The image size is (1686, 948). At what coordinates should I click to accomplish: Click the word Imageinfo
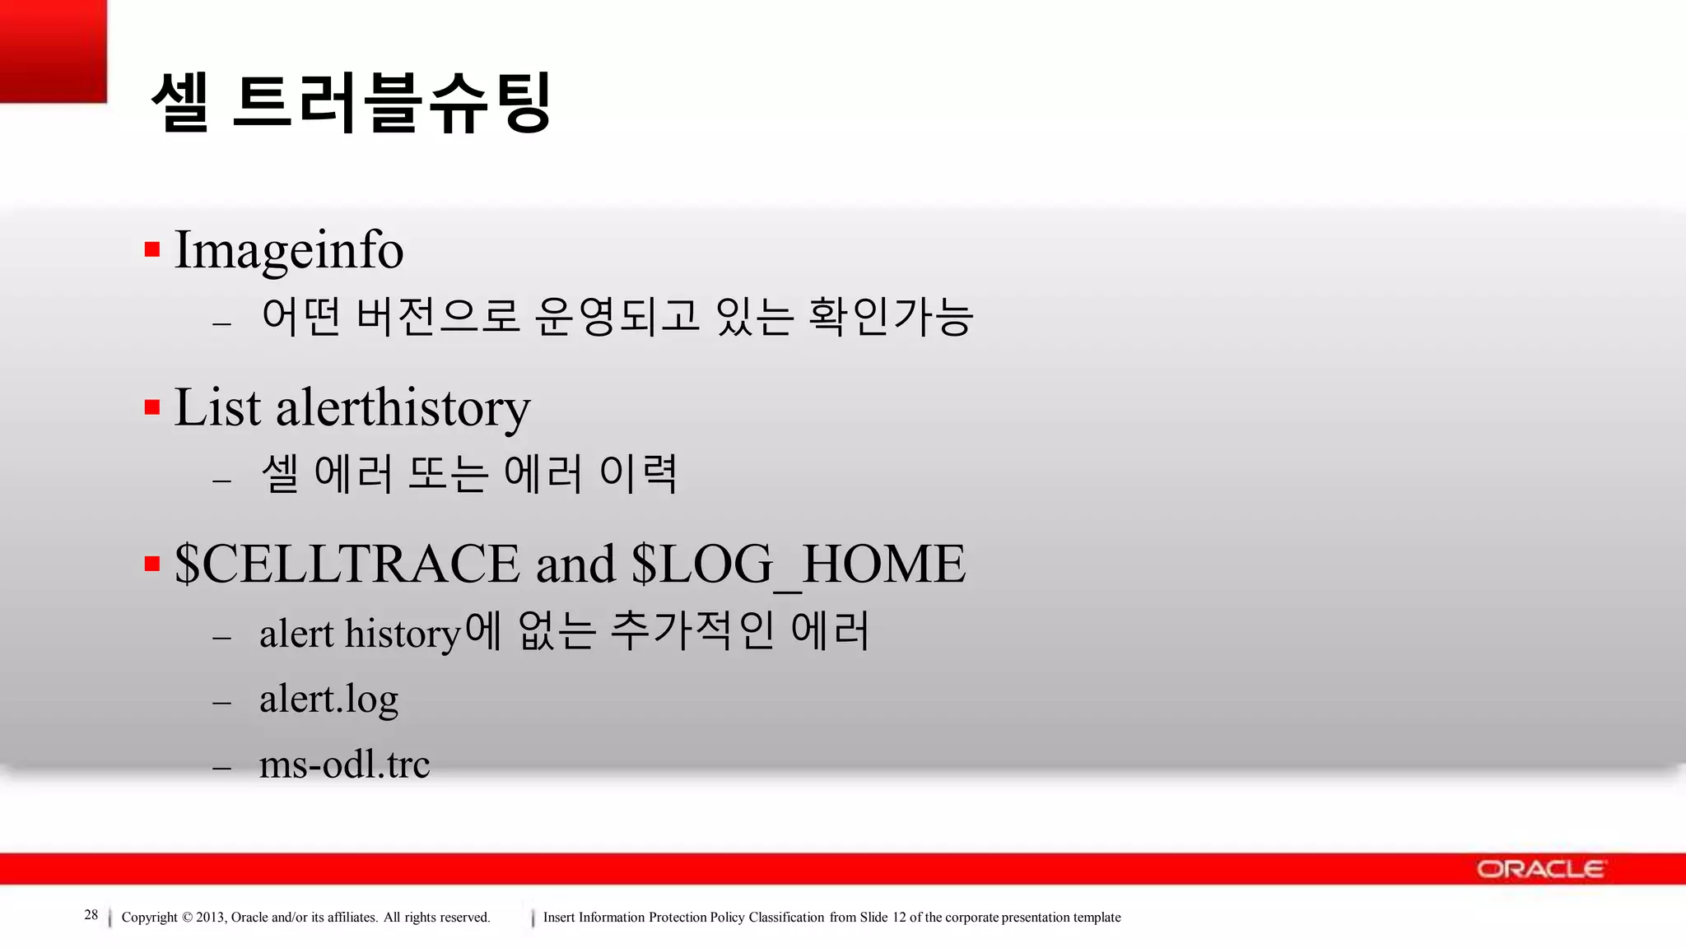288,250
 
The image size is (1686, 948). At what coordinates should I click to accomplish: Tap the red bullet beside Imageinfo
152,249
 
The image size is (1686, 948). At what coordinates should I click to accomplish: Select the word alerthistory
403,407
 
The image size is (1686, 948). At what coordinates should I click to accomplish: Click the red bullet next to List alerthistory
152,407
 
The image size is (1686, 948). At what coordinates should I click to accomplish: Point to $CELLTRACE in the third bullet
347,565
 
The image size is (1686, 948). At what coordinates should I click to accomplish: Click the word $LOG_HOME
798,565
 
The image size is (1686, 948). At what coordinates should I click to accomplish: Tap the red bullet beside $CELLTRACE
152,564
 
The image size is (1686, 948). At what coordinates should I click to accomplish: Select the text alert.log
328,699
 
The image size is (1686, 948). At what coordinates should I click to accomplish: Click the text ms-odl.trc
344,764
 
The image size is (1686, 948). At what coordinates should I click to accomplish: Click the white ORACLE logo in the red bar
1540,869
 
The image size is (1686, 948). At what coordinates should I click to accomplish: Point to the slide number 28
91,915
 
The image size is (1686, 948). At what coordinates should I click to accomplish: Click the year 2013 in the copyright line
210,918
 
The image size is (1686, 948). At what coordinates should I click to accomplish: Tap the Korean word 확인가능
891,317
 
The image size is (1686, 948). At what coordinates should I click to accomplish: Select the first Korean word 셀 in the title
179,102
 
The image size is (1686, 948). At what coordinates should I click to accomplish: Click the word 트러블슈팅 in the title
392,102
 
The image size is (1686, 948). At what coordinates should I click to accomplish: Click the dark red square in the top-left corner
53,50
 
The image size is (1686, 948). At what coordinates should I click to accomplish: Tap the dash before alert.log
221,703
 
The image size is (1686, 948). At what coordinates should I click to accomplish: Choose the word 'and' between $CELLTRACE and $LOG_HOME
575,565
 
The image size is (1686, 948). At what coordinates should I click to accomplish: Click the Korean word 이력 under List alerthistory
639,474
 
